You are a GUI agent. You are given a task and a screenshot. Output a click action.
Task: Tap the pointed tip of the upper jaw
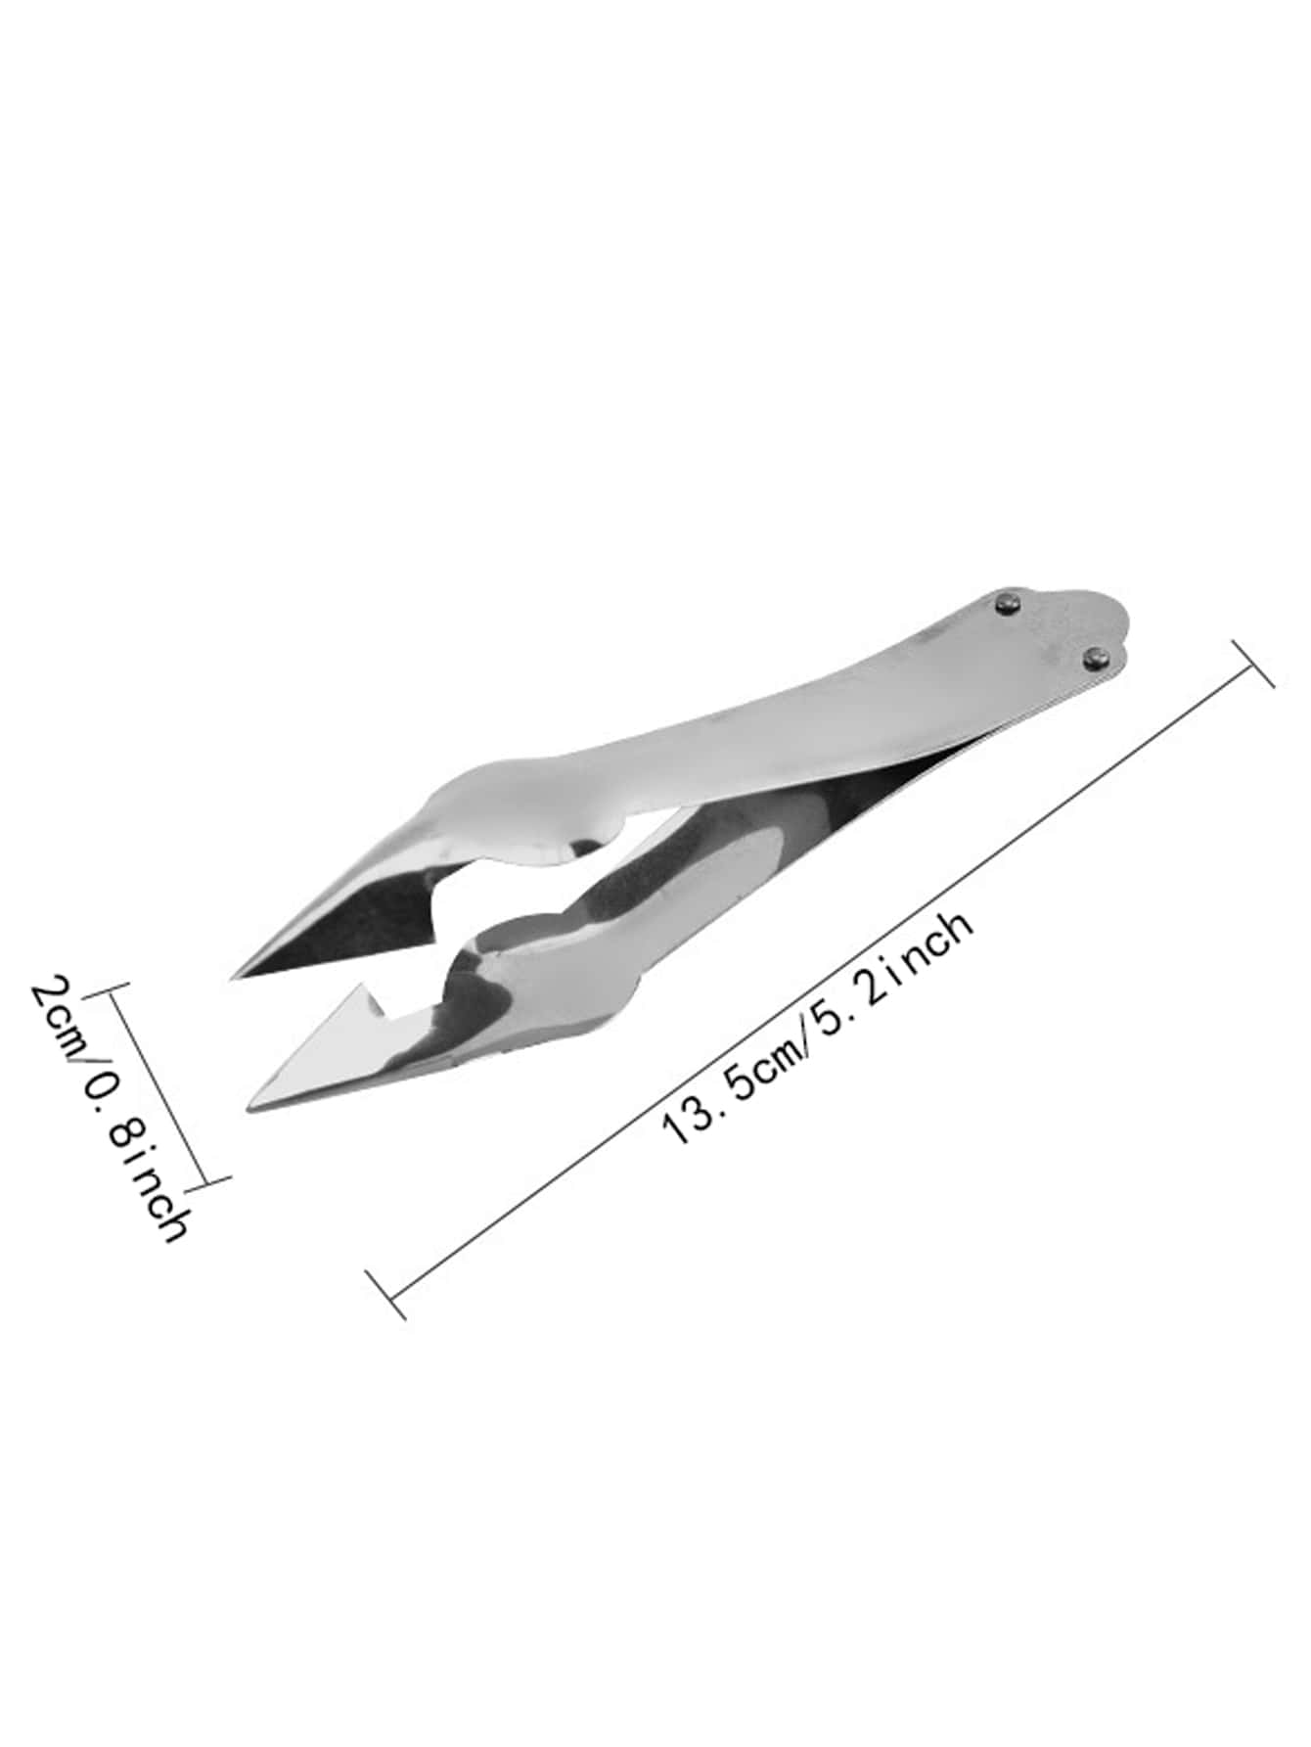click(232, 977)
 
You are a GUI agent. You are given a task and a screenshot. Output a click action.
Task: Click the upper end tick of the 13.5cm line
click(1252, 664)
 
